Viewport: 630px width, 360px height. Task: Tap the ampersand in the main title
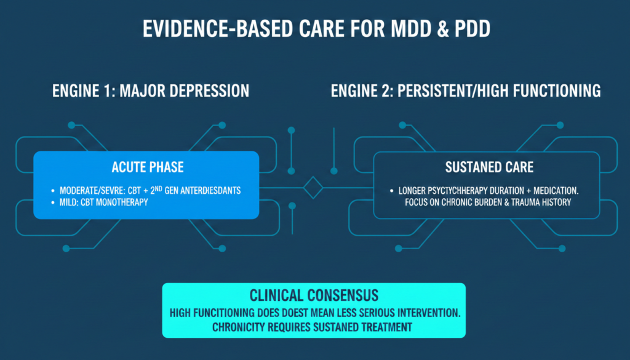tap(439, 30)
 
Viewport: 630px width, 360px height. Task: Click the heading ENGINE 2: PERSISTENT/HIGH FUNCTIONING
tap(466, 91)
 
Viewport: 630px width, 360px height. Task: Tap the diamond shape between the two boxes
tap(313, 188)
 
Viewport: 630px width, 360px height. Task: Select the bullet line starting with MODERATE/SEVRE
tap(150, 190)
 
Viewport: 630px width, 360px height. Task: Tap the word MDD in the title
tap(409, 30)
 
